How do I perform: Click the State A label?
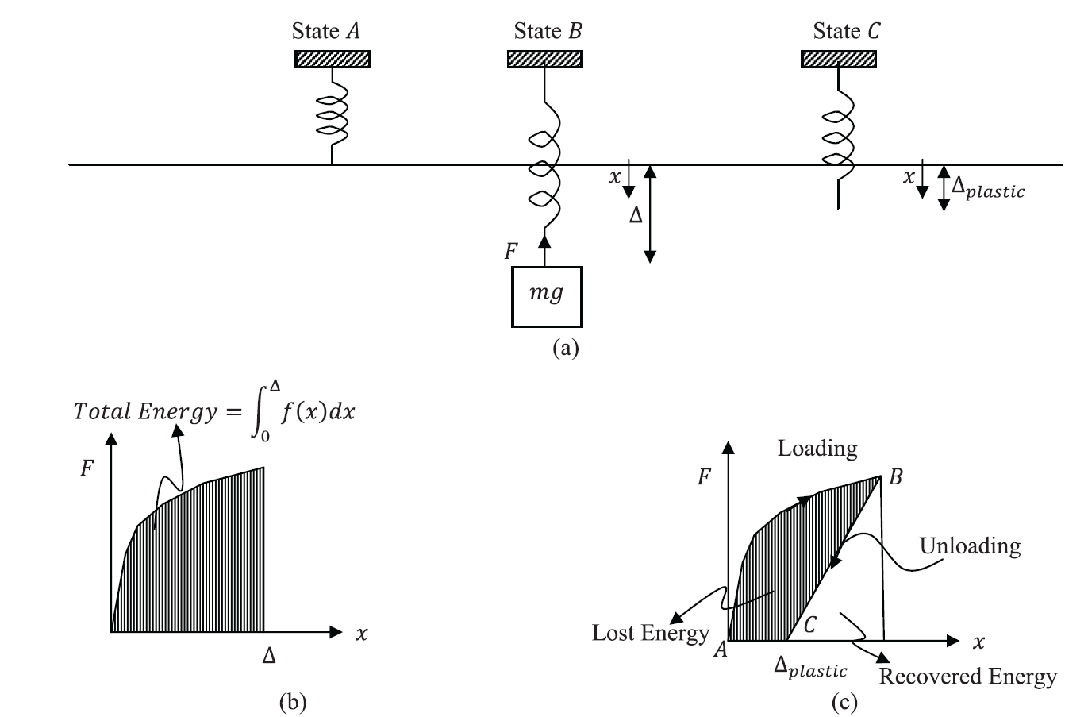click(x=326, y=31)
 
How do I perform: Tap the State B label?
click(x=548, y=31)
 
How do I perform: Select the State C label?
click(x=847, y=31)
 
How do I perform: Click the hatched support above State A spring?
click(x=333, y=59)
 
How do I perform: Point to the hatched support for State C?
click(x=839, y=59)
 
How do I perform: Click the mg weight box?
click(x=547, y=297)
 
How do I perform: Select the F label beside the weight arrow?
click(x=511, y=252)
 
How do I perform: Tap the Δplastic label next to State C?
click(x=988, y=187)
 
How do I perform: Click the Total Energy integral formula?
click(x=214, y=411)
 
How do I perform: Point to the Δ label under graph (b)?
click(x=269, y=656)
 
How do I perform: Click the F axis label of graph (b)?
click(x=87, y=468)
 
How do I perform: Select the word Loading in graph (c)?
click(x=817, y=449)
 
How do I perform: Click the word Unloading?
click(x=970, y=546)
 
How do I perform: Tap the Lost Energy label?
click(x=651, y=633)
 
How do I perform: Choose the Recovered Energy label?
click(x=968, y=677)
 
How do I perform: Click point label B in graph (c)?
click(x=896, y=477)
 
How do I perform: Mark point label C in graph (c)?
click(x=809, y=625)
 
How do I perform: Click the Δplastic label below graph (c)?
click(x=811, y=667)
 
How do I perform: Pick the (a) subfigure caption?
click(x=566, y=349)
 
